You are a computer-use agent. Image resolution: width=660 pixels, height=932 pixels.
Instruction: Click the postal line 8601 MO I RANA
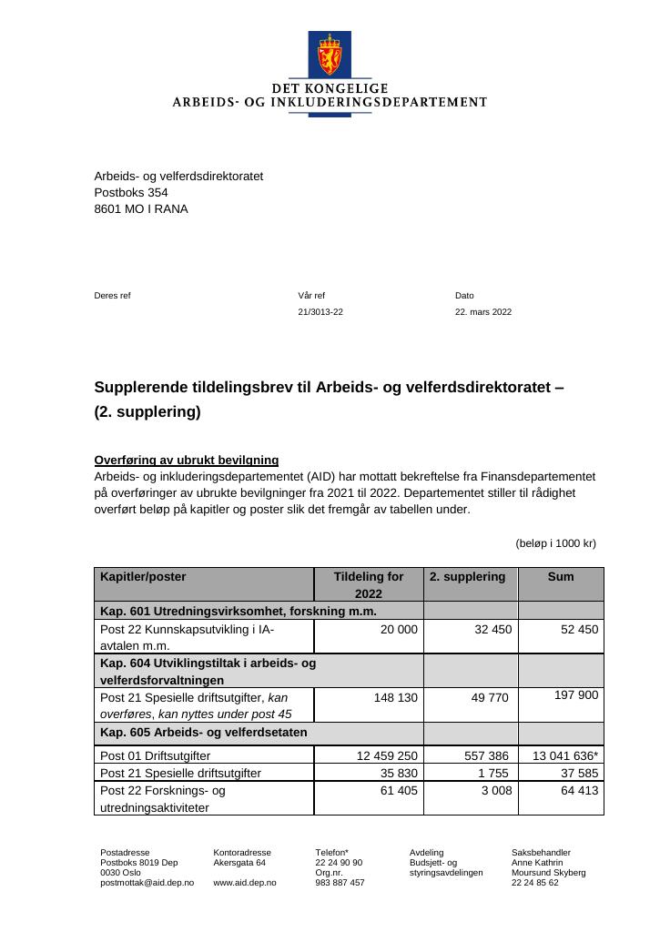(x=141, y=209)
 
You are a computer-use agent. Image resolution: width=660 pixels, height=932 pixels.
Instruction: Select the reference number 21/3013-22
(x=320, y=312)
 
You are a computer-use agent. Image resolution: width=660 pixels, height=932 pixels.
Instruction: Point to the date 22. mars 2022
(x=483, y=312)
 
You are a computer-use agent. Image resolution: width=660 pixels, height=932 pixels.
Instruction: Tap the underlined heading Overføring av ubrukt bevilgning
(x=187, y=461)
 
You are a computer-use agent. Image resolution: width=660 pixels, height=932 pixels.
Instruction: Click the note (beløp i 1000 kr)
(x=555, y=543)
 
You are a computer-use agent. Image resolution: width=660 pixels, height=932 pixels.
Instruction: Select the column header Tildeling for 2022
(x=369, y=584)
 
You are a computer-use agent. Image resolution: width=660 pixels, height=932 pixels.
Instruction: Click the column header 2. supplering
(x=467, y=577)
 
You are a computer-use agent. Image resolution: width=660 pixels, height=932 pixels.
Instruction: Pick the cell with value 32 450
(x=493, y=630)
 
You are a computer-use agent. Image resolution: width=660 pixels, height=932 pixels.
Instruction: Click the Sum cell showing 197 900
(x=576, y=695)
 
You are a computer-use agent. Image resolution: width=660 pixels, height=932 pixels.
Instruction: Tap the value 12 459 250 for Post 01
(x=387, y=756)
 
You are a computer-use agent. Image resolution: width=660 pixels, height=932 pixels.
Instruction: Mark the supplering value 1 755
(x=496, y=774)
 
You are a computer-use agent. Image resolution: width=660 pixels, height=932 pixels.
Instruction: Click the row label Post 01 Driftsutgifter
(x=155, y=756)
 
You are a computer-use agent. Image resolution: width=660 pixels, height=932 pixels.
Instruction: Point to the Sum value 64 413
(x=580, y=791)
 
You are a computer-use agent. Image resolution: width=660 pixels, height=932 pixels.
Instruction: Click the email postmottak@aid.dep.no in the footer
(x=147, y=883)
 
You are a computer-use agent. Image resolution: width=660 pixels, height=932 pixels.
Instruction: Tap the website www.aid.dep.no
(x=245, y=883)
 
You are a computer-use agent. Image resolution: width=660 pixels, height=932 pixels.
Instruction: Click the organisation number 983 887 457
(x=340, y=883)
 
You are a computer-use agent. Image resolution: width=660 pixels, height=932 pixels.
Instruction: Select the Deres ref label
(x=113, y=296)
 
